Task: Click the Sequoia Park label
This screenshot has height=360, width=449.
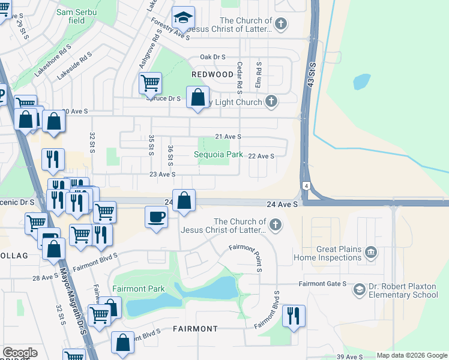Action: click(x=218, y=155)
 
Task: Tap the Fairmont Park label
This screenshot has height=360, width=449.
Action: click(x=138, y=289)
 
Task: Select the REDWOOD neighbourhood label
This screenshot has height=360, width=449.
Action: click(x=212, y=74)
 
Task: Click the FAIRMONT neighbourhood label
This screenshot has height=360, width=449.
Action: click(x=195, y=329)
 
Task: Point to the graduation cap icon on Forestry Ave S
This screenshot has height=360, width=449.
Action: click(x=183, y=18)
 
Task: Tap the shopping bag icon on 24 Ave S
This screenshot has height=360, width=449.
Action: click(x=185, y=200)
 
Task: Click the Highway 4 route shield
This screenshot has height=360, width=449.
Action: click(x=306, y=187)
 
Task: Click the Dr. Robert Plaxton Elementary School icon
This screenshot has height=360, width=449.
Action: click(x=359, y=290)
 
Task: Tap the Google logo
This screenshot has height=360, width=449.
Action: click(x=20, y=353)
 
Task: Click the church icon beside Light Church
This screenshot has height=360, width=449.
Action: click(x=271, y=101)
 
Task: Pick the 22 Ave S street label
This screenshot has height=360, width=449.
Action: click(x=261, y=156)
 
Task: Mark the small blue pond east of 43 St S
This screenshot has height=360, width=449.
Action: click(x=362, y=82)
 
